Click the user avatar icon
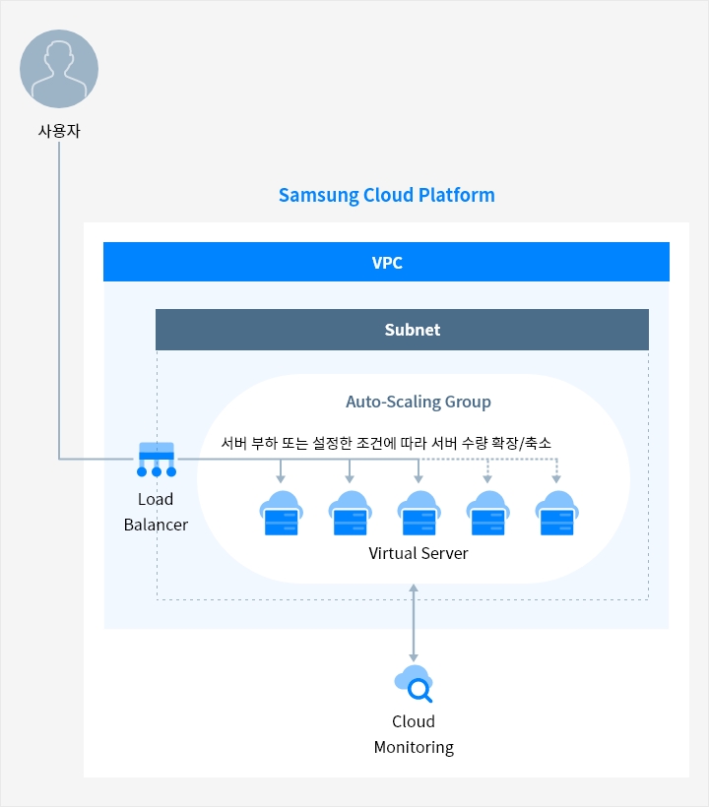[59, 69]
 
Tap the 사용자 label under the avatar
[59, 129]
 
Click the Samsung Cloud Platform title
[386, 195]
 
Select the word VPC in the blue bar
[386, 263]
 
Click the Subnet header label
[412, 330]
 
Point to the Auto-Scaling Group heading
[418, 402]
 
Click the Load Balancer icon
[156, 459]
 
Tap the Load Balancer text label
[156, 512]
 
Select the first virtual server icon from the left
[281, 513]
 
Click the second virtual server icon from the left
[350, 513]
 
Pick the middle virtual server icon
[419, 513]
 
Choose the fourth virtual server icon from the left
[487, 513]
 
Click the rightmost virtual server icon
[556, 513]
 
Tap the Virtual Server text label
[419, 553]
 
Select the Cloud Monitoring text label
[414, 734]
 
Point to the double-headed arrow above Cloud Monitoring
[414, 622]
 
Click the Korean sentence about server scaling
[386, 443]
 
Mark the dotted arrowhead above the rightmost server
[556, 479]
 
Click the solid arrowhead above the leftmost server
[281, 479]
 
